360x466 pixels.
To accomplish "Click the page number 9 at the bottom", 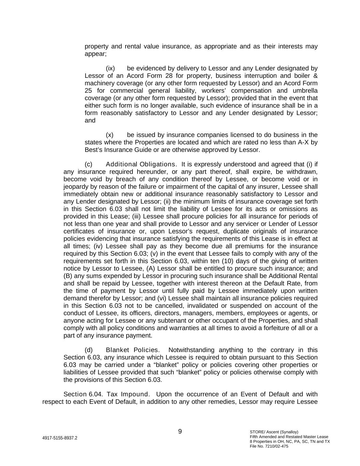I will pos(180,432).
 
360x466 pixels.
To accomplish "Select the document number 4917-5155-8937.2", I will pos(60,438).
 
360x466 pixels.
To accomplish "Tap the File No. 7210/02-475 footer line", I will pos(269,446).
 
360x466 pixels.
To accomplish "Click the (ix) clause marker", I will pos(111,68).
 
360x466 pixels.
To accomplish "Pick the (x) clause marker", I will pos(110,135).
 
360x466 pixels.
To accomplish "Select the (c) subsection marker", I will pos(88,164).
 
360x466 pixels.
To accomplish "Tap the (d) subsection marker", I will pos(88,350).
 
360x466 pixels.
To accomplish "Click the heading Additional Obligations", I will pos(141,164).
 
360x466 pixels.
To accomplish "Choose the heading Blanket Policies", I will pos(133,350).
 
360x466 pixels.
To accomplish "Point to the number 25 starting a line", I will pos(88,90).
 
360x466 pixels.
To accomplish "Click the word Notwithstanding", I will pos(191,350).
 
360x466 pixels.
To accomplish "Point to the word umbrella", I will pos(305,90).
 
